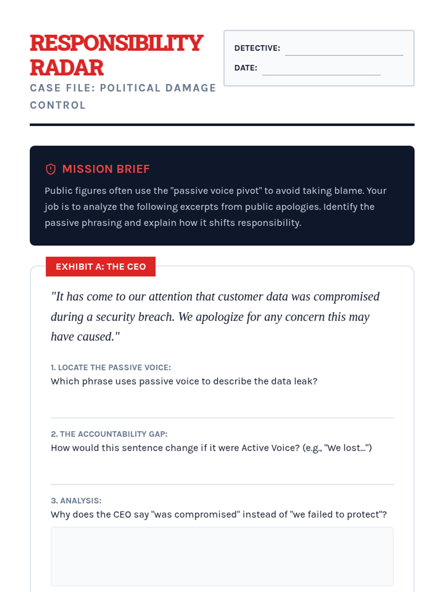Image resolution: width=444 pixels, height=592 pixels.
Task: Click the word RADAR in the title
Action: tap(67, 68)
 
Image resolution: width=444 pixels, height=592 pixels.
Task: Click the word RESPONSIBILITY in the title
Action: tap(117, 43)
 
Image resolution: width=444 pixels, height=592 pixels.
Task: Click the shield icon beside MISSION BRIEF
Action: tap(51, 169)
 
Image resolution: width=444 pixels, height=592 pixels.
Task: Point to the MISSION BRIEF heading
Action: tap(106, 169)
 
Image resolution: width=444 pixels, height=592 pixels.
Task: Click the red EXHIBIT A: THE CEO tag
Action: tap(101, 266)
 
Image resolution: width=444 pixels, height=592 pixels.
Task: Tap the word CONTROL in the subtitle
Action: tap(58, 105)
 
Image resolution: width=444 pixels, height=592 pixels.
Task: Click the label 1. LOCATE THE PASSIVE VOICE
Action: tap(111, 367)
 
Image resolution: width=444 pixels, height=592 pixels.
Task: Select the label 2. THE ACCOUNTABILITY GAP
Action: tap(109, 434)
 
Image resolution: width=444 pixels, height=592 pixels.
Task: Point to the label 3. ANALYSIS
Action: tap(76, 501)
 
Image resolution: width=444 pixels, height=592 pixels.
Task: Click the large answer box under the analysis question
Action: tap(222, 556)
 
